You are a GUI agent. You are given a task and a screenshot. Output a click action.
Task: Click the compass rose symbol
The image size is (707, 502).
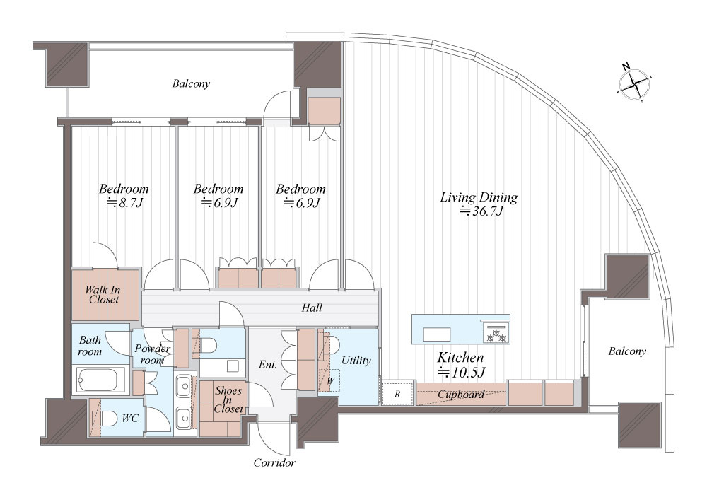[x=634, y=84]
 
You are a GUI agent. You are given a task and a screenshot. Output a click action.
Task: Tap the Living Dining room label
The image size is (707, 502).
[x=479, y=197]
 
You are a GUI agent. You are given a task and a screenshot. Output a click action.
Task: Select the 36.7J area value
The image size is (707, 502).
[x=481, y=211]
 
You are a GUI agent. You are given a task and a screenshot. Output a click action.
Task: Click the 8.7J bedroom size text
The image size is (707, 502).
[x=124, y=202]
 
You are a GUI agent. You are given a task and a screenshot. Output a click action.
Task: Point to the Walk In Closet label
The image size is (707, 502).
[x=103, y=295]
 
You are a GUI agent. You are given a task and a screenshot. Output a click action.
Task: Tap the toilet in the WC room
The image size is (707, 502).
[x=105, y=418]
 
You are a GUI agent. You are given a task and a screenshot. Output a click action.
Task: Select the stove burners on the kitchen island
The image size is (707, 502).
[x=495, y=335]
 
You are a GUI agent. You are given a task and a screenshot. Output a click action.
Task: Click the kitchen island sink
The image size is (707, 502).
[x=436, y=334]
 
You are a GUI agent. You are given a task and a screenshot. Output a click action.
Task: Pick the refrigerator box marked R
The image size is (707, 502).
[x=397, y=393]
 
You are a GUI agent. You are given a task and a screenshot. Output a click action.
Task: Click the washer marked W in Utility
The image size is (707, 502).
[x=329, y=380]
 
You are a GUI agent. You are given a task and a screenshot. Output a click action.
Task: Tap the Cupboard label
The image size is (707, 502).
[x=461, y=395]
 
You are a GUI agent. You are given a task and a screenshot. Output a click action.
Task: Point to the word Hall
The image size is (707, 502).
[x=312, y=308]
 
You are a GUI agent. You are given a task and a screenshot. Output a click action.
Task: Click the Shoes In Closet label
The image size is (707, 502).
[x=228, y=399]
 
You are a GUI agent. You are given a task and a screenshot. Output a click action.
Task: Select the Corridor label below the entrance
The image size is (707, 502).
[x=274, y=462]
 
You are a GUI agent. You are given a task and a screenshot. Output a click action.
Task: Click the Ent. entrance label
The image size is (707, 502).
[x=268, y=364]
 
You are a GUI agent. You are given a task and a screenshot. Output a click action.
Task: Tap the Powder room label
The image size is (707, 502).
[x=153, y=354]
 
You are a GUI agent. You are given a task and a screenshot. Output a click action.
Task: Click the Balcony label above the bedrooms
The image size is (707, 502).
[x=191, y=84]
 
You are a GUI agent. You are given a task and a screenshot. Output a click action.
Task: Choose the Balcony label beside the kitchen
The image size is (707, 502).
[x=627, y=351]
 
